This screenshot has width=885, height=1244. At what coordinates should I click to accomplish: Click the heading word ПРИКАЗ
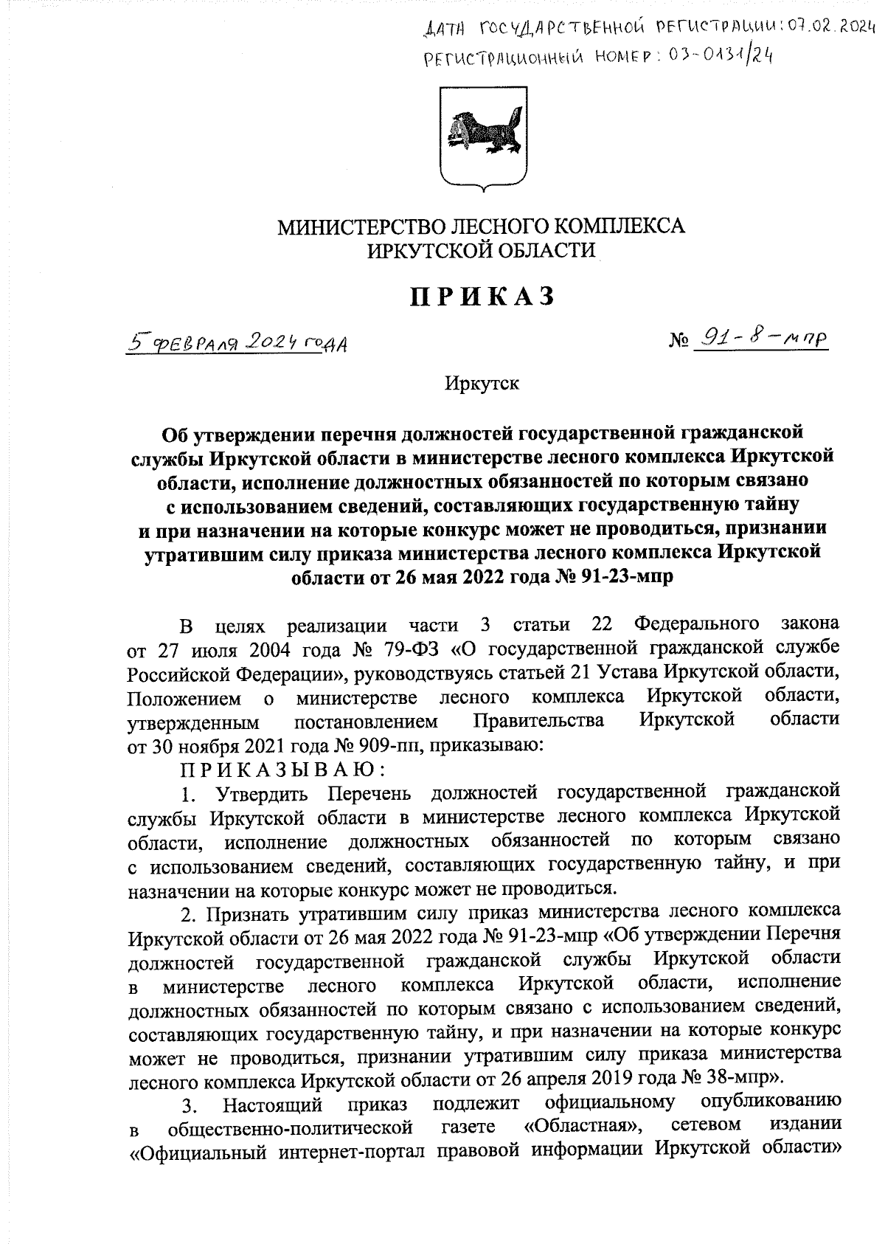click(481, 297)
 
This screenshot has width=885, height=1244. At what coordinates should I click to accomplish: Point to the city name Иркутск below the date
click(482, 384)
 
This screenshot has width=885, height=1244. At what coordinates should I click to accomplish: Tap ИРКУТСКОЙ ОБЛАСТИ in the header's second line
click(481, 251)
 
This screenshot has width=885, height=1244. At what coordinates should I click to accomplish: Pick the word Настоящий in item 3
click(273, 1104)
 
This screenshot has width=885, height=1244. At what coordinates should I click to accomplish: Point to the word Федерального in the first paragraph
click(698, 626)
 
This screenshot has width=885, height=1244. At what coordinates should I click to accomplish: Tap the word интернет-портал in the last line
click(362, 1150)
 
